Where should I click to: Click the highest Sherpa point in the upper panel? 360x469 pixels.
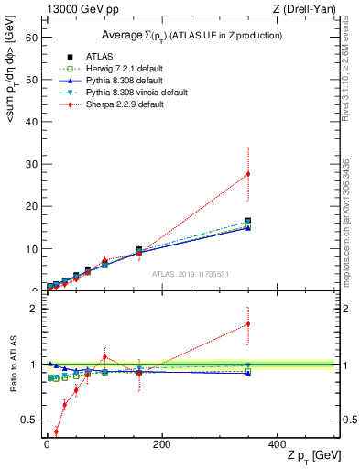(x=248, y=174)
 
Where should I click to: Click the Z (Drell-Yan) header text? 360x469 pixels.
(x=309, y=9)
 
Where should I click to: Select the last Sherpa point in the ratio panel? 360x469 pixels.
(x=248, y=323)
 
